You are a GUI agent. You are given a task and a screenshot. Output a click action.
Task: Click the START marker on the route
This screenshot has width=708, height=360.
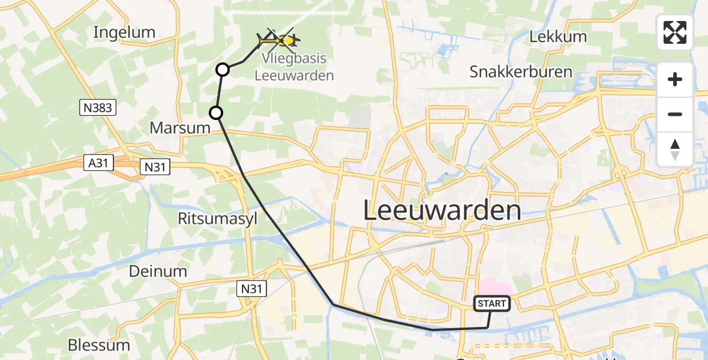[492, 304]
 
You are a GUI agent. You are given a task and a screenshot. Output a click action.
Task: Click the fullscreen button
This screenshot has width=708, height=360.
[675, 32]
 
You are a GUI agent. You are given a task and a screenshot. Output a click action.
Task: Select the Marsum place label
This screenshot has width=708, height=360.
[180, 128]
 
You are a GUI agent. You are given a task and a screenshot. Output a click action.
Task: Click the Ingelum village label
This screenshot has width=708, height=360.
[124, 32]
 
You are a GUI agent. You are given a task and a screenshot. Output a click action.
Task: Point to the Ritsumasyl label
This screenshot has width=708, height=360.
[217, 219]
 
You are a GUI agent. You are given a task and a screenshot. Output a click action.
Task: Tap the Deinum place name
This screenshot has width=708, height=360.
[158, 271]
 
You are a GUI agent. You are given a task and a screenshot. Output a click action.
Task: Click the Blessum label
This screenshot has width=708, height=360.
[99, 345]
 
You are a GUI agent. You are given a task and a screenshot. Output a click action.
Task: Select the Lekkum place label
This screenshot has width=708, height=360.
[558, 37]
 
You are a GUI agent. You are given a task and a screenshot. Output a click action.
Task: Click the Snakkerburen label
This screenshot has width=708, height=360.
[521, 72]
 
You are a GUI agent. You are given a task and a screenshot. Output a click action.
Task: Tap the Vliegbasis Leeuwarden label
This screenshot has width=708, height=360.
[294, 67]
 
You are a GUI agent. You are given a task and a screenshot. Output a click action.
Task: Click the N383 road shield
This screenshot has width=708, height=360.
[97, 108]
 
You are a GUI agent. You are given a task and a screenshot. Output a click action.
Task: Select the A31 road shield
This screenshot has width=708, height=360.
[98, 163]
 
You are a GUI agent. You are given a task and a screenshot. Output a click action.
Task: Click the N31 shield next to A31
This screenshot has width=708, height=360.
[156, 167]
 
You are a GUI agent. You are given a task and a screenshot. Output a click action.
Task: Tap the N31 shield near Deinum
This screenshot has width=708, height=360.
[253, 289]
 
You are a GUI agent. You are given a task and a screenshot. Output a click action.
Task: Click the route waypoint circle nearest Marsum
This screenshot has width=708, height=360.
[216, 112]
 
